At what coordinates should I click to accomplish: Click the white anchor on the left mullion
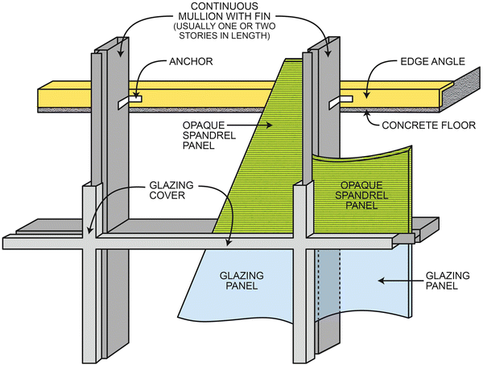pos(129,102)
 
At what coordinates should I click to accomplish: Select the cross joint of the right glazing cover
pos(303,240)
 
